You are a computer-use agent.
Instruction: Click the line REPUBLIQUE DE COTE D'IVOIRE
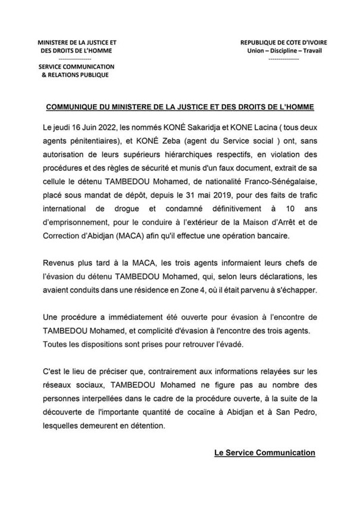pos(283,43)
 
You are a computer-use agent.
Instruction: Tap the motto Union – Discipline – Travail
pos(283,51)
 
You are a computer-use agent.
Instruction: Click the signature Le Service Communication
pos(264,453)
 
